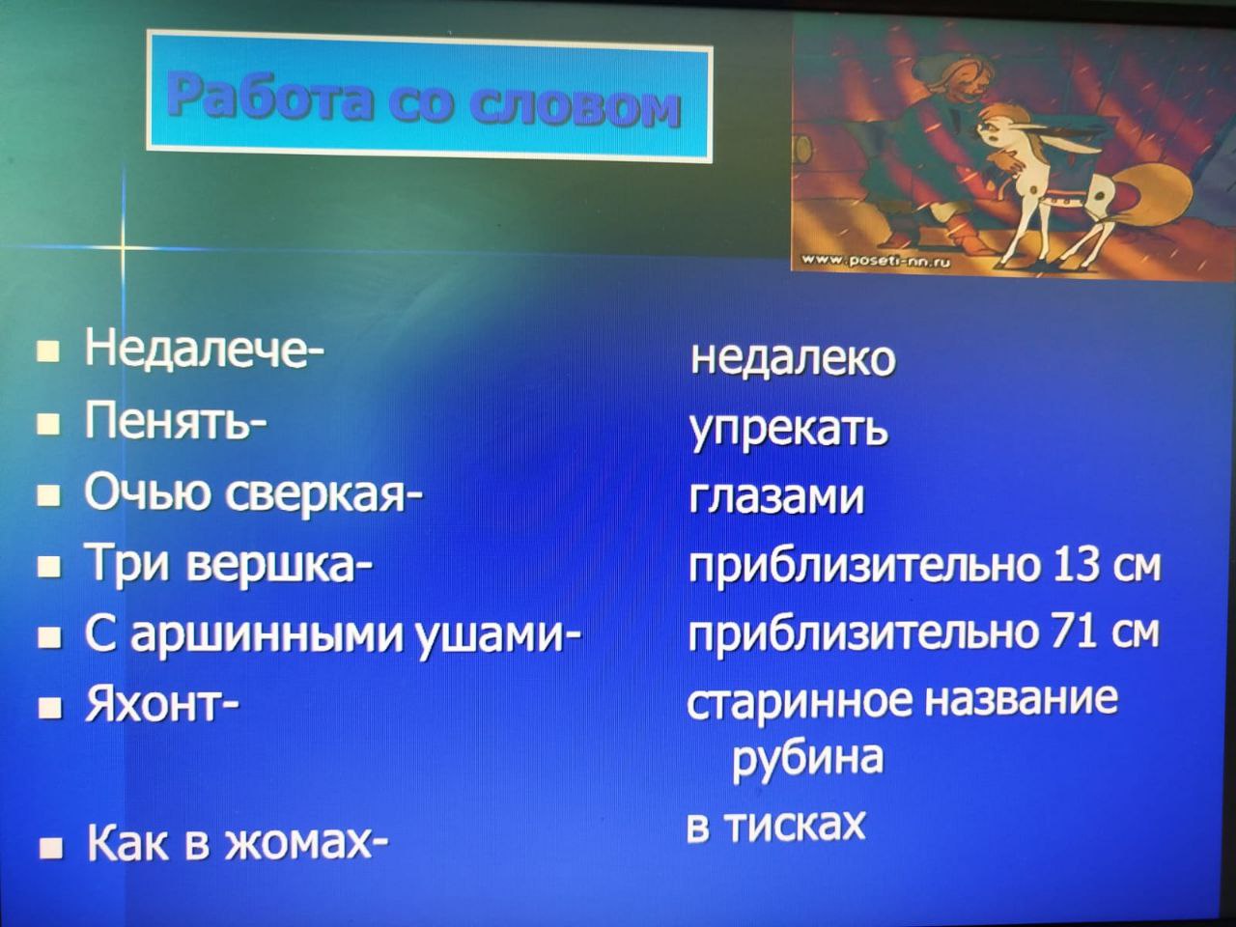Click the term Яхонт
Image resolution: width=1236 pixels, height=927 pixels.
point(158,704)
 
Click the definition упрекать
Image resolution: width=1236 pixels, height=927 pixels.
point(789,432)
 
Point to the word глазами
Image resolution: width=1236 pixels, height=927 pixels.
point(776,497)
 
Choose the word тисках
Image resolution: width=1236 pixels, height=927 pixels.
point(795,826)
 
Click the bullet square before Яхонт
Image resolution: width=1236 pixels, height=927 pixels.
point(49,708)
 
